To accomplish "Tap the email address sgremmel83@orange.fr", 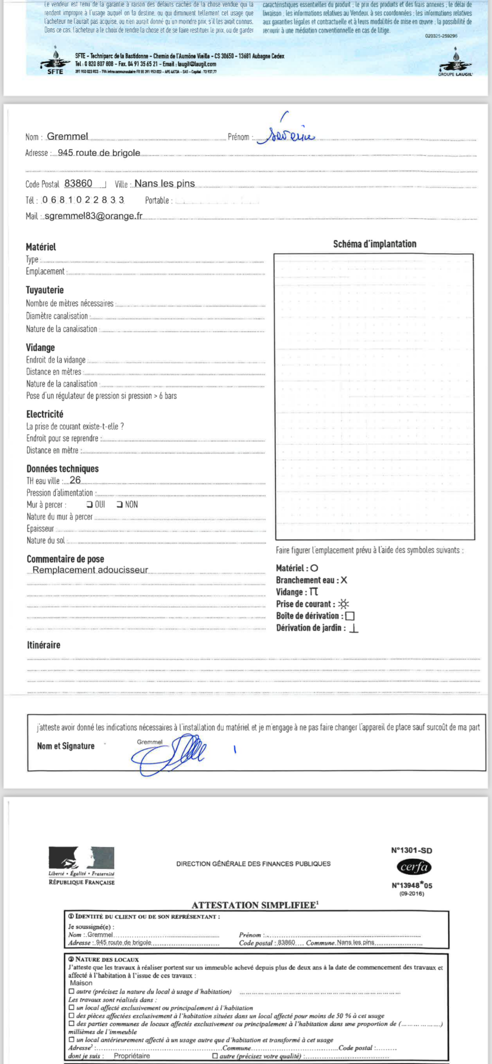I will point(93,216).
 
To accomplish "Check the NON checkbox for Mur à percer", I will point(120,504).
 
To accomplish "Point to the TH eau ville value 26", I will point(75,480).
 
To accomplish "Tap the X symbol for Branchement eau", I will point(344,580).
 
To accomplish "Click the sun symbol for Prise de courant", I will point(343,604).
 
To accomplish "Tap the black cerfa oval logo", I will point(414,867).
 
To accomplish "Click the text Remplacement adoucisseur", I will point(90,570).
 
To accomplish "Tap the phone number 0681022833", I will point(83,200).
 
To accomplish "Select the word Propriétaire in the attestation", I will point(132,1056).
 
